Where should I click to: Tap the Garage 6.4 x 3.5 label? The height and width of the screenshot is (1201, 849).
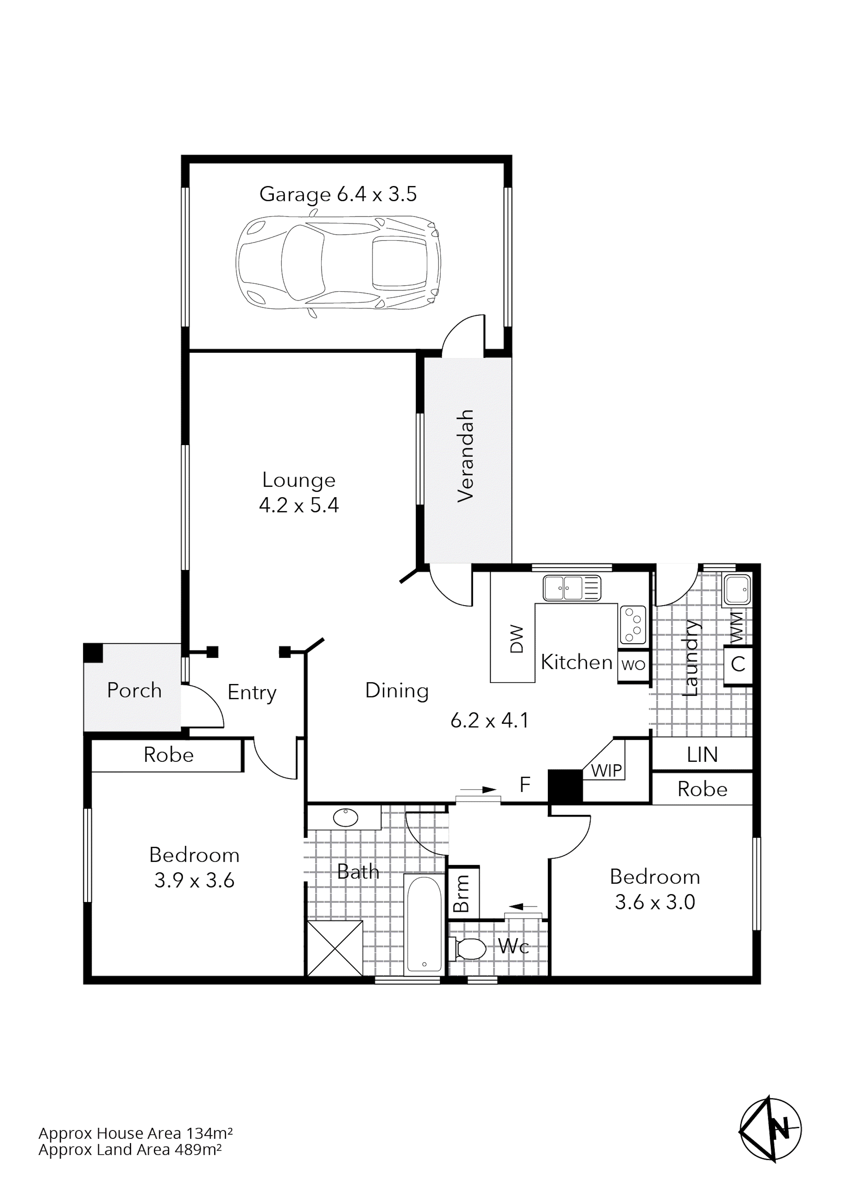pyautogui.click(x=338, y=194)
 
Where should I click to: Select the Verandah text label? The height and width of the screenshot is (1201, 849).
pyautogui.click(x=465, y=456)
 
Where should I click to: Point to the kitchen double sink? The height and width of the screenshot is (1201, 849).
pyautogui.click(x=571, y=588)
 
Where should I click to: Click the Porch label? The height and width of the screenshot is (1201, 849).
pyautogui.click(x=134, y=691)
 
